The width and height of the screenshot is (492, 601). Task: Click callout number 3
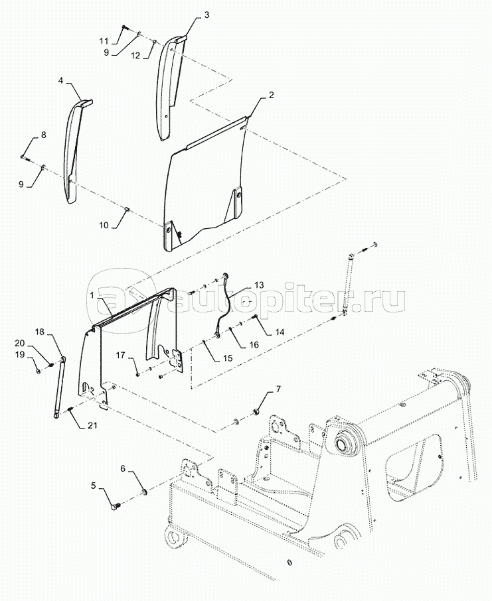coord(206,13)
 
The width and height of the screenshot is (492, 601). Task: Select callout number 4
coord(61,80)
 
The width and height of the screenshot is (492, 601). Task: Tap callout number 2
coord(271,96)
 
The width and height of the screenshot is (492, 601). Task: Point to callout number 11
coord(104,41)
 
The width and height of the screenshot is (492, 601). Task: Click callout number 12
coord(135,56)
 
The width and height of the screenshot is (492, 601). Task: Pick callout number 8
coord(44,135)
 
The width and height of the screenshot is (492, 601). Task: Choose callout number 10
coord(104,226)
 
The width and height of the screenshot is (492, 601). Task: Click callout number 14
coord(279,331)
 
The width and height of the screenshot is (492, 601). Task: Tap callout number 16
coord(254,344)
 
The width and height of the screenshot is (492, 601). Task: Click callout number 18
coord(40,331)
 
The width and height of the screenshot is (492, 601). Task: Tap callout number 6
coord(123,468)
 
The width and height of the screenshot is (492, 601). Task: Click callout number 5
coord(93,486)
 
